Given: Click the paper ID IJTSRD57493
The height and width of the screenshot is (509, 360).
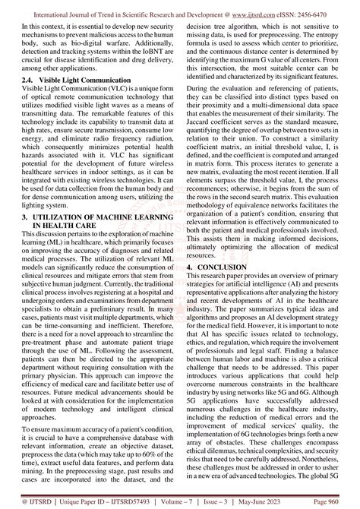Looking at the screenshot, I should pos(136,501).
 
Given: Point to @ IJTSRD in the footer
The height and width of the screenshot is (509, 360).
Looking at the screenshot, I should pos(29,501).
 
